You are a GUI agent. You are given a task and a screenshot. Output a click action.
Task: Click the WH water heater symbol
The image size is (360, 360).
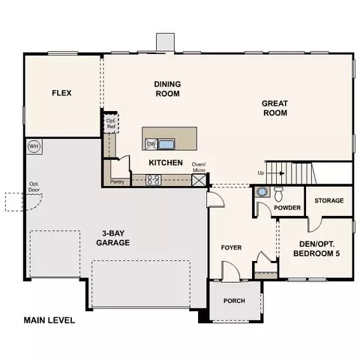coord(34,146)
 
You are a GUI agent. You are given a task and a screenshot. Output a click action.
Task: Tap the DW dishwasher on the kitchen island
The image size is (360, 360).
coord(151,144)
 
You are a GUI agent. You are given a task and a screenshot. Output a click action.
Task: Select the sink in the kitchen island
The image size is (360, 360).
coord(166,145)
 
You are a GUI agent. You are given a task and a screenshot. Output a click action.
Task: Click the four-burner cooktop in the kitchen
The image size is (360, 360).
coord(154,180)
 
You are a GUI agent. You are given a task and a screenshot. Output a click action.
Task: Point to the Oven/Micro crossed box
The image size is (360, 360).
coord(199,180)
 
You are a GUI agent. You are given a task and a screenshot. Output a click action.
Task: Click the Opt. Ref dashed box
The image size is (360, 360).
coord(111,124)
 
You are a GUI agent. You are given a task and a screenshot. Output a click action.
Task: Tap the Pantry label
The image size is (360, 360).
coord(117,181)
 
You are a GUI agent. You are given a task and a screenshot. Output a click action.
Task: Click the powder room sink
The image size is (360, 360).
coord(262,192)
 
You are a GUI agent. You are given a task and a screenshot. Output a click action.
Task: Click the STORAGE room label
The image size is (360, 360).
coord(329,200)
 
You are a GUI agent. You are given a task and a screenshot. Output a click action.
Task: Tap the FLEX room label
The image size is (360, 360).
coord(61,93)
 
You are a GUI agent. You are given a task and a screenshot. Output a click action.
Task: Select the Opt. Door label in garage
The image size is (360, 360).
coord(34,187)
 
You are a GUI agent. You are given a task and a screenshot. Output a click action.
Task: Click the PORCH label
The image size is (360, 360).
coord(234,301)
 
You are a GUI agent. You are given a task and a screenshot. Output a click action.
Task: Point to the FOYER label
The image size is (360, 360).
coord(231,247)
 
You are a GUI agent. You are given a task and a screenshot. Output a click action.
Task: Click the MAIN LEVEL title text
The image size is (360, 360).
coord(49,320)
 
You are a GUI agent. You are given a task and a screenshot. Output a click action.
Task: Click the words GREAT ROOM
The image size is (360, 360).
coord(275,108)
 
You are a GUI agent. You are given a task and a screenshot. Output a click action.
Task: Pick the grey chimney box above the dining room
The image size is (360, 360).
coord(165,42)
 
